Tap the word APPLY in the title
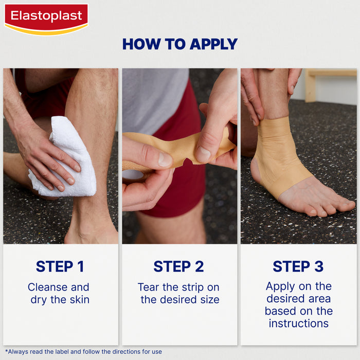(213, 44)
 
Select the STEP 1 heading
(60, 266)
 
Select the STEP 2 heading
(179, 266)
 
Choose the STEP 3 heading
(298, 266)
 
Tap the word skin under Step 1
(79, 299)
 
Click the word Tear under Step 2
(149, 287)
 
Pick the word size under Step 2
(209, 299)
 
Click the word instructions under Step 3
(298, 323)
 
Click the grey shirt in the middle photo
(154, 98)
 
